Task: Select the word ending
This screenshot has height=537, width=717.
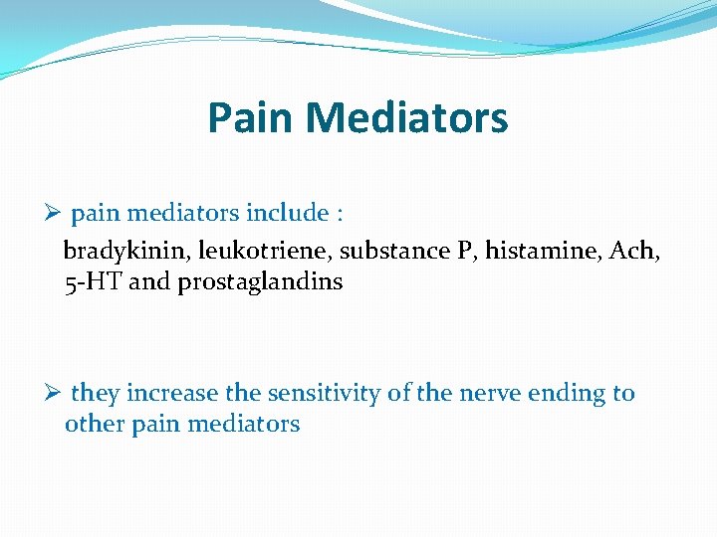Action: [x=567, y=394]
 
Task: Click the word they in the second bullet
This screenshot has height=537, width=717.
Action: [x=95, y=394]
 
